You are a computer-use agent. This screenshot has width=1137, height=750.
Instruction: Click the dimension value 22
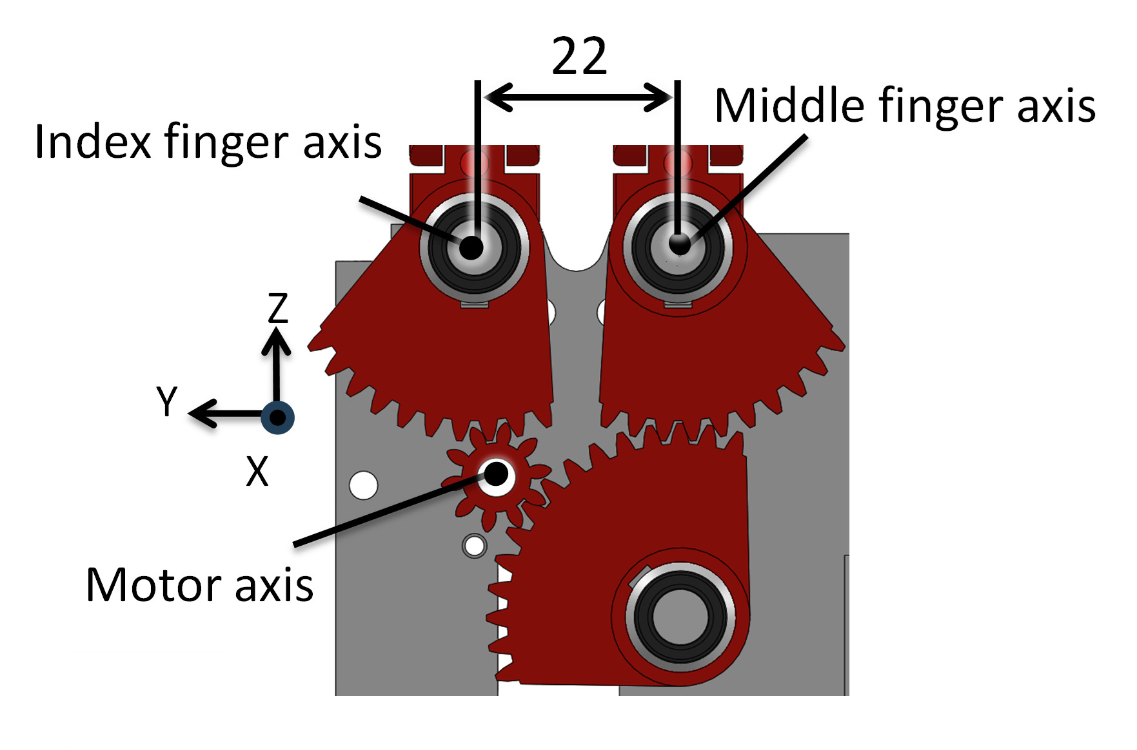[579, 57]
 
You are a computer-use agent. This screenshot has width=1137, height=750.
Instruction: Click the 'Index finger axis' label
[208, 142]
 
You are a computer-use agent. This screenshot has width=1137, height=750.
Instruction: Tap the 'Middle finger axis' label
[904, 106]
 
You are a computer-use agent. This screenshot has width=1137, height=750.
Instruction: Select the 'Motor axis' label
[199, 585]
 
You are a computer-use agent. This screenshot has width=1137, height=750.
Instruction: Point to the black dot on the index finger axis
[471, 247]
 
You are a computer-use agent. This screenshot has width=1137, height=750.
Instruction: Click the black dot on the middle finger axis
[679, 244]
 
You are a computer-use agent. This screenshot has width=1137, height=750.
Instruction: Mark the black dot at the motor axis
[496, 474]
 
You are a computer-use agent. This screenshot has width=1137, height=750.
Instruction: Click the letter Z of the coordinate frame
[278, 308]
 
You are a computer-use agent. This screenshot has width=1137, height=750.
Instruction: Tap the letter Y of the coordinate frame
[167, 401]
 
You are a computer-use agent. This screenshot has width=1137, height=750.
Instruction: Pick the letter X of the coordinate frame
[257, 471]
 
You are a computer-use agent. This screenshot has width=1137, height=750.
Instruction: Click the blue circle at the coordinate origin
[278, 417]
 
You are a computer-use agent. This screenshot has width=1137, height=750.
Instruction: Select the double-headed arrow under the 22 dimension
[578, 97]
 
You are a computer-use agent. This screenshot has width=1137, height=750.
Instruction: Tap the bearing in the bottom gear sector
[680, 616]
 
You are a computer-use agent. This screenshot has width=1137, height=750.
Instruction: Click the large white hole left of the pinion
[363, 485]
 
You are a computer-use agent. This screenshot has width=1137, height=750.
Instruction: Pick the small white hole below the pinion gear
[475, 546]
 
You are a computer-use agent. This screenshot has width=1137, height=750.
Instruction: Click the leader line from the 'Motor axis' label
[387, 511]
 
